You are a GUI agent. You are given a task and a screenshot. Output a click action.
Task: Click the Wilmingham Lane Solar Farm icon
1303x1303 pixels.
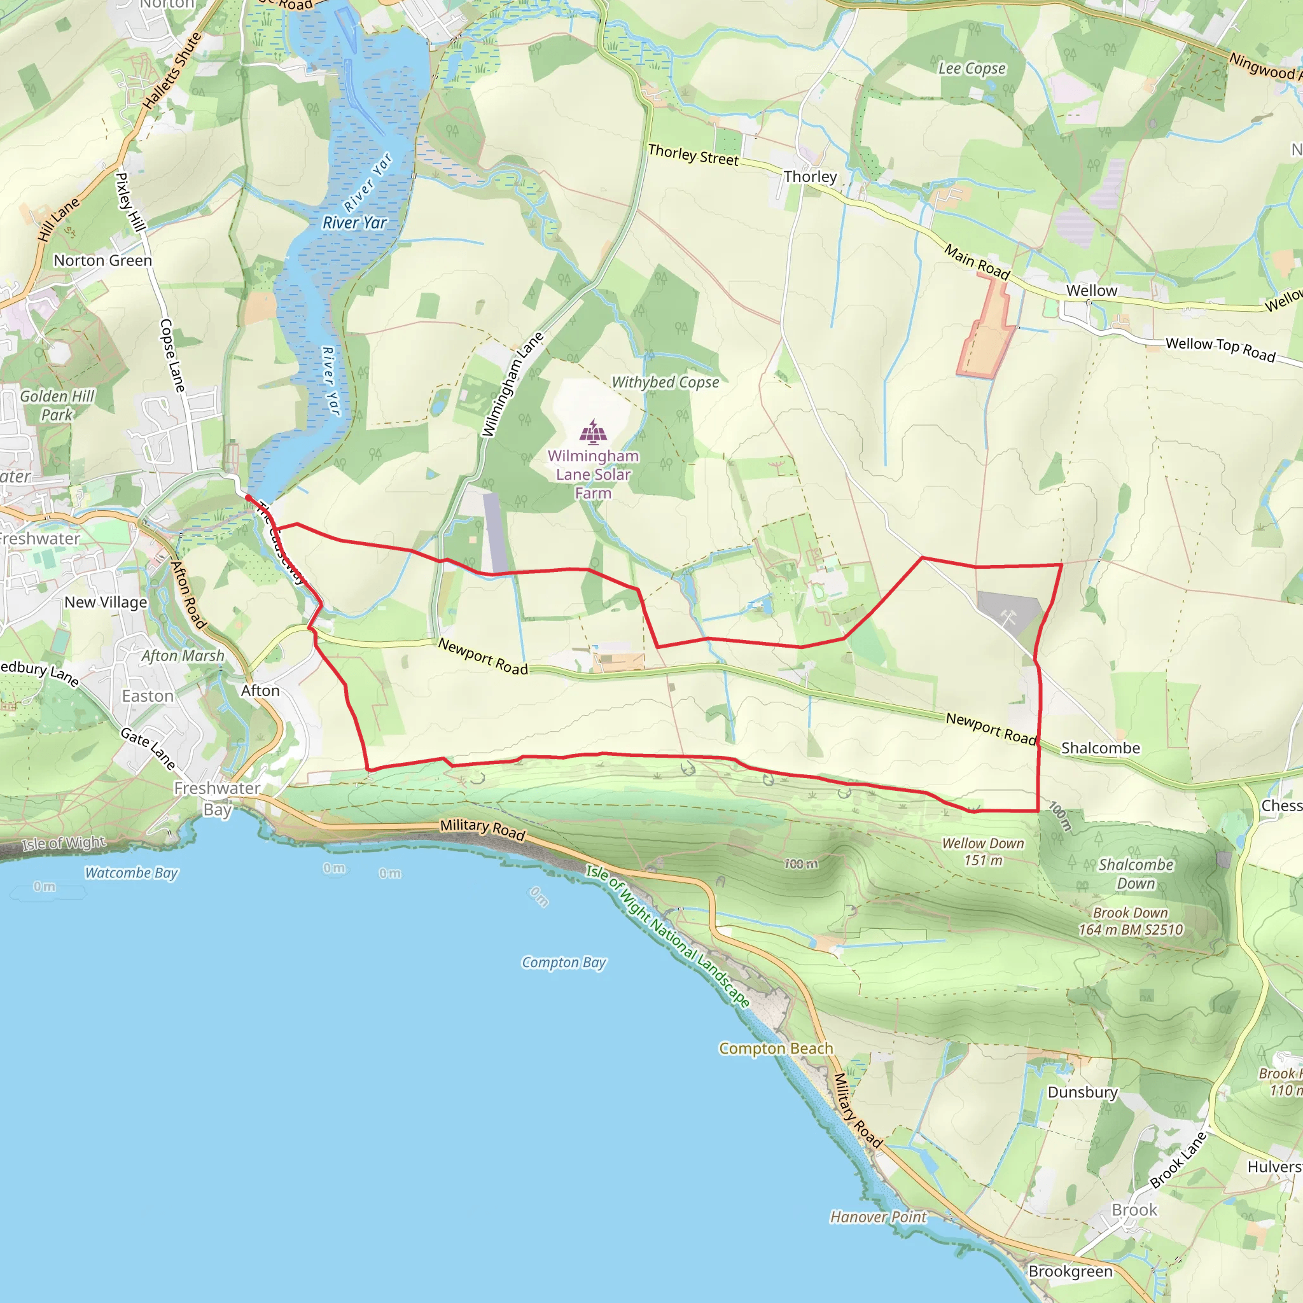click(593, 432)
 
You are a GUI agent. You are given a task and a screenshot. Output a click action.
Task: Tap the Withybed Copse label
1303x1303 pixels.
click(665, 382)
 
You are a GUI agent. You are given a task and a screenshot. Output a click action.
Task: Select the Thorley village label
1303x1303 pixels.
click(810, 177)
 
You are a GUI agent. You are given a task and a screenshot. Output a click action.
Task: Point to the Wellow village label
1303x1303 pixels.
click(1091, 291)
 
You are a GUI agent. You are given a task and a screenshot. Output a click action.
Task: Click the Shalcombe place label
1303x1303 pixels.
click(1101, 748)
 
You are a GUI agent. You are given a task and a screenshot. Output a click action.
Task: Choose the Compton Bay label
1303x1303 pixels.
click(564, 963)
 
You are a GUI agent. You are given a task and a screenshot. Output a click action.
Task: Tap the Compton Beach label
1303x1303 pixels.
click(776, 1049)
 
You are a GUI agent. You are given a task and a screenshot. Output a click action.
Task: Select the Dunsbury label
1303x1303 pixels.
click(1082, 1092)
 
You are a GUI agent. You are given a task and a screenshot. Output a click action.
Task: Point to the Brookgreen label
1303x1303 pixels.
click(1070, 1271)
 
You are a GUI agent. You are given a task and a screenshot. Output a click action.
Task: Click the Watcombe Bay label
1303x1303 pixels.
click(131, 873)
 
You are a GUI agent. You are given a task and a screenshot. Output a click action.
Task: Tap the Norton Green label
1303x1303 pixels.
click(102, 260)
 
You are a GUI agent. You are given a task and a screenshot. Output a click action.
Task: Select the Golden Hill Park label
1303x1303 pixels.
click(57, 405)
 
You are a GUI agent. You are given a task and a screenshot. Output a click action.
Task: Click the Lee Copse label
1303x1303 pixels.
click(972, 69)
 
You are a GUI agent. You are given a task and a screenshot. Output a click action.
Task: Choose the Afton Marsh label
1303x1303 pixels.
click(183, 655)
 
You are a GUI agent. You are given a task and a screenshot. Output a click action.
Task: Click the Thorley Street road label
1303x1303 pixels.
click(693, 155)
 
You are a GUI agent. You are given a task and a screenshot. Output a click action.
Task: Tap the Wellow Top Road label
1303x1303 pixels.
click(1220, 349)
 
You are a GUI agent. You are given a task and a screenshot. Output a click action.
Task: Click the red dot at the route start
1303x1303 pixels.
click(248, 498)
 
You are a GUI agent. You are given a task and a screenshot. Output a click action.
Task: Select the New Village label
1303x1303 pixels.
click(106, 603)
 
